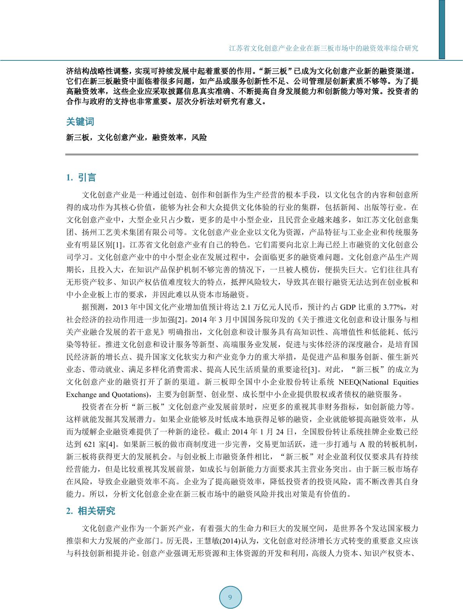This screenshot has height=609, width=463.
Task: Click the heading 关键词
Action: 80,122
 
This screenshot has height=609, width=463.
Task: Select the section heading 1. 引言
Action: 81,178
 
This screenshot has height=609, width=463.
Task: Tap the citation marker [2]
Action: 179,320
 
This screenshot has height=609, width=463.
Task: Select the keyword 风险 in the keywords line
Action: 199,138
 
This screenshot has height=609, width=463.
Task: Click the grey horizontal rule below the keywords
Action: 242,154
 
